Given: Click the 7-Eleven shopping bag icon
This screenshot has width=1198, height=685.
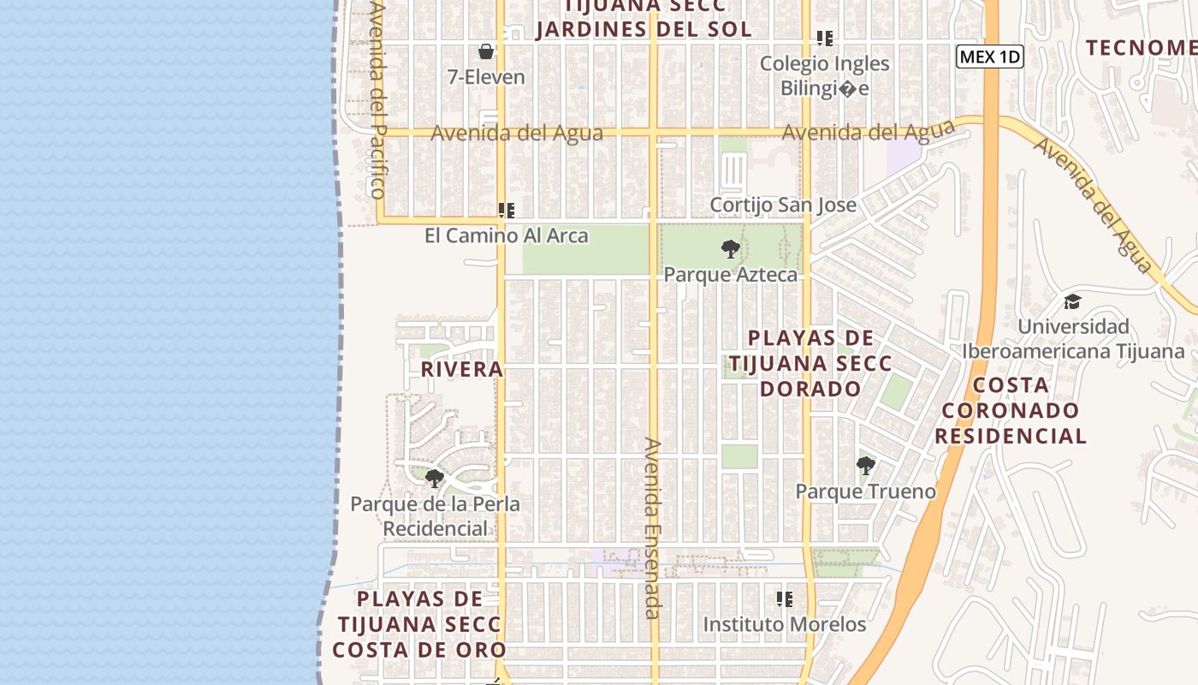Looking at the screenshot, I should click(x=486, y=51).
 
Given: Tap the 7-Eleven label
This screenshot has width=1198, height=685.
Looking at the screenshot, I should click(x=486, y=77).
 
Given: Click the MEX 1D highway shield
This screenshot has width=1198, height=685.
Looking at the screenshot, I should click(x=990, y=57).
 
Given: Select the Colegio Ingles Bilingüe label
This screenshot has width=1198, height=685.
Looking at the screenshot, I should click(x=824, y=76).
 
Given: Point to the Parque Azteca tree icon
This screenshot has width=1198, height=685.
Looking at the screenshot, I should click(x=730, y=249).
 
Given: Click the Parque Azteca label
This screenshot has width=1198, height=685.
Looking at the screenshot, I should click(x=730, y=275).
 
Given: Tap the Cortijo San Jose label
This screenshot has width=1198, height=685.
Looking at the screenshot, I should click(x=782, y=205).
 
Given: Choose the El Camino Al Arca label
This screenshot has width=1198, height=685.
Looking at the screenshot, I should click(x=507, y=235).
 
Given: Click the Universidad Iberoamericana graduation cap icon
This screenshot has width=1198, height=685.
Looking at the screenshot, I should click(x=1072, y=301).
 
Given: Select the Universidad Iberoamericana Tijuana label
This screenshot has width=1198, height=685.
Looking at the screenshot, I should click(x=1073, y=339).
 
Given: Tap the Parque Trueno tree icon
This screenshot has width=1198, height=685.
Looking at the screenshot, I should click(x=865, y=466).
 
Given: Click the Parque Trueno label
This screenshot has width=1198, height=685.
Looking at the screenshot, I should click(x=865, y=491).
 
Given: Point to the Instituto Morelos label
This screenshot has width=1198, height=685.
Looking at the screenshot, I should click(x=784, y=625).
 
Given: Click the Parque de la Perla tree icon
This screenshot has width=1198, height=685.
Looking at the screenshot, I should click(x=435, y=478).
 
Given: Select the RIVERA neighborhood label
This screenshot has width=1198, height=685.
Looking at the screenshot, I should click(x=462, y=369).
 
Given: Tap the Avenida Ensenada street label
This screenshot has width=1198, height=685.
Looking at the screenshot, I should click(x=653, y=527).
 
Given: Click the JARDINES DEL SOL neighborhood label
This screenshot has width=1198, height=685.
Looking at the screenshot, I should click(x=643, y=28).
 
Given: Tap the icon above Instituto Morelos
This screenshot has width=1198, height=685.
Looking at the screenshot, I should click(x=784, y=599).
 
